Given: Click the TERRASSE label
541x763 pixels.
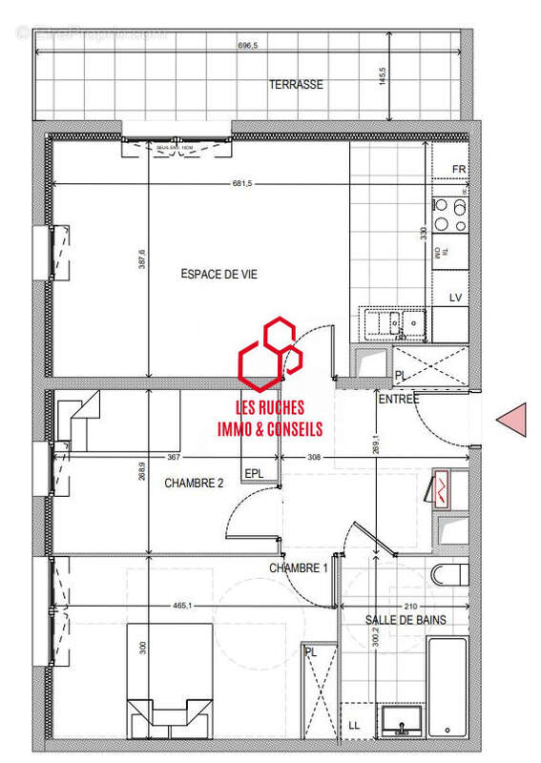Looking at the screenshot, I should pos(295,85).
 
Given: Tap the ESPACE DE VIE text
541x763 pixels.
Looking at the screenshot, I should pos(218,275).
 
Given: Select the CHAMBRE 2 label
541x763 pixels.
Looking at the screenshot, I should pos(194,484).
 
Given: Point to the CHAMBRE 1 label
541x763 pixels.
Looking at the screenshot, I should pos(298,568).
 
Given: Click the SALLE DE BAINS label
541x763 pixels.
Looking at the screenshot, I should pos(406,620).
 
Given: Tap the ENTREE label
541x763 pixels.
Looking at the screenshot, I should pos(398,400).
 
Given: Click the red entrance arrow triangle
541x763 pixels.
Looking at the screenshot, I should pos(513,419).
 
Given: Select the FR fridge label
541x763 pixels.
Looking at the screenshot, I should pos(459,170).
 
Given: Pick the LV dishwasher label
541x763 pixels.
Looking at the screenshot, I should pos(456,299).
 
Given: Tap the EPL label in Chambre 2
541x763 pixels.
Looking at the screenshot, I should pos(255,473).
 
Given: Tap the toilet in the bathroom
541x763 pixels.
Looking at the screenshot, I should pos(448,574).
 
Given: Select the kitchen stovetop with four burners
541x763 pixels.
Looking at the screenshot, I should pos(449,215).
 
